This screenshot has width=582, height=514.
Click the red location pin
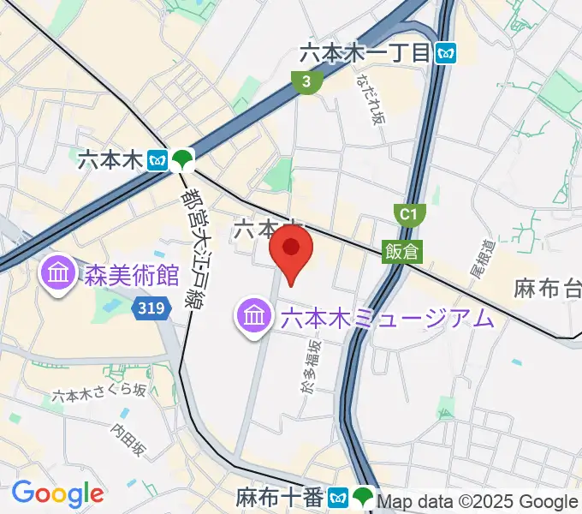click(x=291, y=249)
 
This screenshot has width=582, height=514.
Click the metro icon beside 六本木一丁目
click(x=445, y=53)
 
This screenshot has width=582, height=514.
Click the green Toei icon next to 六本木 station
click(x=181, y=158)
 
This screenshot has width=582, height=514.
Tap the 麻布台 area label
click(x=548, y=288)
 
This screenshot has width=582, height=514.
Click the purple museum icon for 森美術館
click(x=59, y=275)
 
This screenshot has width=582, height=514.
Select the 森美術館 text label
click(x=131, y=276)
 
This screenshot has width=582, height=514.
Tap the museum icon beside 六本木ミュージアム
click(x=254, y=318)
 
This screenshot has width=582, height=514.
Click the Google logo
click(x=57, y=493)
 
